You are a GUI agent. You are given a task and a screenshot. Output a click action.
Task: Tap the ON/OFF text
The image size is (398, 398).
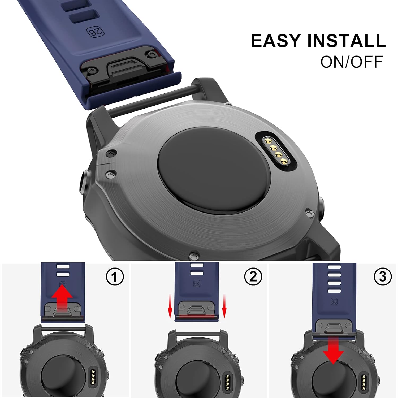pos(351,62)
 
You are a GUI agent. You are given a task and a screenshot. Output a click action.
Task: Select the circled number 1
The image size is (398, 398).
pos(115,277)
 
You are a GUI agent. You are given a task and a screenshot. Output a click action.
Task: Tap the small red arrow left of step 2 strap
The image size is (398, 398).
pos(170,307)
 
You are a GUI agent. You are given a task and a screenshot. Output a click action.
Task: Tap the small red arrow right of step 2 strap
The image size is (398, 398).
pos(224,307)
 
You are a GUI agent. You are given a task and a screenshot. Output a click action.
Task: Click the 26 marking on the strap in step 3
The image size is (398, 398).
pos(334,301)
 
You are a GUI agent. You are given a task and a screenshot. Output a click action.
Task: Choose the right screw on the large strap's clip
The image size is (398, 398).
pos(152,54)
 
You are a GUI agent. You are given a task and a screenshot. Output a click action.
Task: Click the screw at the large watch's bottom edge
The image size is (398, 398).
pos(194,256)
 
